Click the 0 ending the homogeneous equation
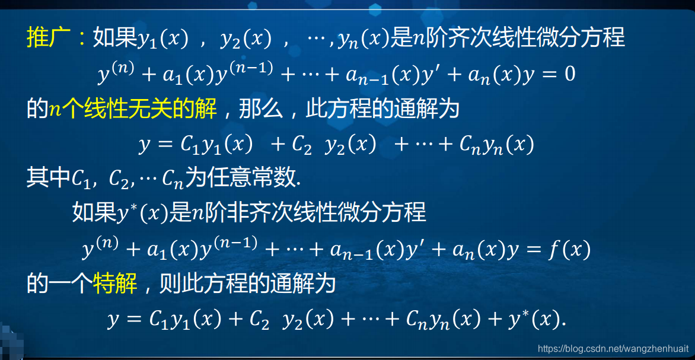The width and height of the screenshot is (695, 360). (569, 75)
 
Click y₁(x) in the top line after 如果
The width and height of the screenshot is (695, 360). (163, 39)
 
